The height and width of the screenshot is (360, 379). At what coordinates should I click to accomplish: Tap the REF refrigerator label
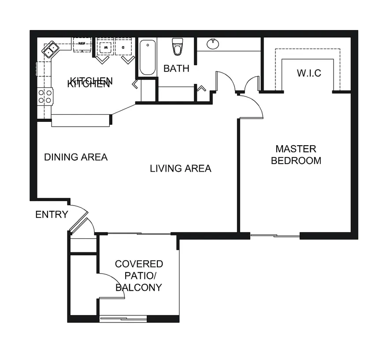[82, 44]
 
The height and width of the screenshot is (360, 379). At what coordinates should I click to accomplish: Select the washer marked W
[105, 46]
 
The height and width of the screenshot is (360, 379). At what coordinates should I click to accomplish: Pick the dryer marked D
[123, 46]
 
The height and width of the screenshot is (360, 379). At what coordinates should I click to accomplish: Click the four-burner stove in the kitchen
[45, 96]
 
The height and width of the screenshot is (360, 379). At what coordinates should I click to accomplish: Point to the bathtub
[148, 58]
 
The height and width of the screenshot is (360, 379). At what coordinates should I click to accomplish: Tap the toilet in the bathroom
[178, 47]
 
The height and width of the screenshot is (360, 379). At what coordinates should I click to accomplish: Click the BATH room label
[176, 68]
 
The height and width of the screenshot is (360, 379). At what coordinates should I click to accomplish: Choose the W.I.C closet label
[308, 73]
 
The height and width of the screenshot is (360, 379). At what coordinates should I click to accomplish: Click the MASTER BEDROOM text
[296, 154]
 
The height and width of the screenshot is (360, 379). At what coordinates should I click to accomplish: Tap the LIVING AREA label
[180, 168]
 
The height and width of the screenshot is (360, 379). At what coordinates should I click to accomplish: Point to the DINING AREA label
[76, 157]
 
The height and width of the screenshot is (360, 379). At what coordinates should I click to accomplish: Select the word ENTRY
[52, 215]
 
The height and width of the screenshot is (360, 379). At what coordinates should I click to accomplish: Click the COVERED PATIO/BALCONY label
[139, 276]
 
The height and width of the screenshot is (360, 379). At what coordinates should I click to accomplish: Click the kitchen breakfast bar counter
[80, 120]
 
